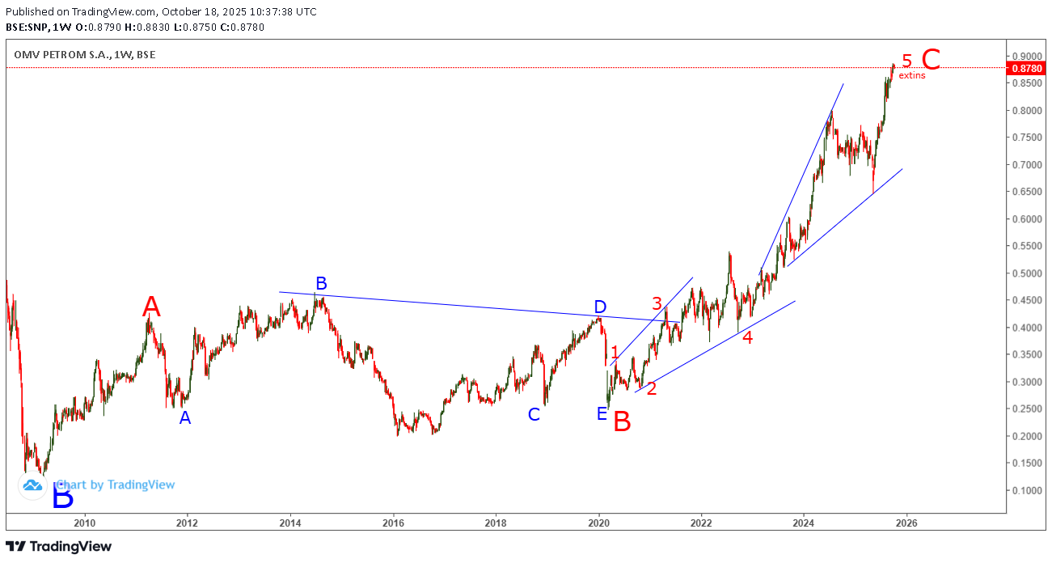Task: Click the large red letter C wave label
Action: (x=931, y=60)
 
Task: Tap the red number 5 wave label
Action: (x=907, y=61)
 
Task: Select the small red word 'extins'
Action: (x=912, y=75)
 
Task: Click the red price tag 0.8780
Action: (x=1025, y=69)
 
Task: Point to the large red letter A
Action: (x=151, y=307)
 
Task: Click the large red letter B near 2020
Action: (x=621, y=421)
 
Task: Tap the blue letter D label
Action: (x=600, y=307)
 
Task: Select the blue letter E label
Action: (x=602, y=414)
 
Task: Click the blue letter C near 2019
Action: (x=534, y=414)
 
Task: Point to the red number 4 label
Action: (x=748, y=338)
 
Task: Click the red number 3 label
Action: (x=657, y=303)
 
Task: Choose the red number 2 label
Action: (x=651, y=388)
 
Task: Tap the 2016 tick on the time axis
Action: (x=393, y=522)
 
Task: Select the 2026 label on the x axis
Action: (x=906, y=522)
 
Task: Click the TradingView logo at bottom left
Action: (x=58, y=547)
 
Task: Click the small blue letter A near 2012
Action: (x=185, y=418)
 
